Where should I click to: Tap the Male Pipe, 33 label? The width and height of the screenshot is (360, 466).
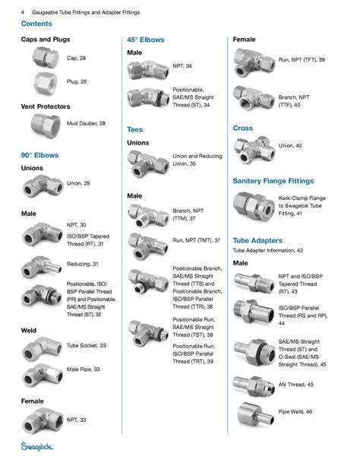pyautogui.click(x=84, y=370)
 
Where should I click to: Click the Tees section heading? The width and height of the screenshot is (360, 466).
pyautogui.click(x=134, y=129)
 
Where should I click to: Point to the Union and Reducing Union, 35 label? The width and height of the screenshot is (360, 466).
pyautogui.click(x=197, y=160)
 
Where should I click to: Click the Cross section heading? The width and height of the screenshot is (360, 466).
pyautogui.click(x=243, y=128)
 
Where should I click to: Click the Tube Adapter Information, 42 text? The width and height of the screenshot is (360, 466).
pyautogui.click(x=267, y=249)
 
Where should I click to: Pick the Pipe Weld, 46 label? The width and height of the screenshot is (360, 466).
pyautogui.click(x=297, y=411)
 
